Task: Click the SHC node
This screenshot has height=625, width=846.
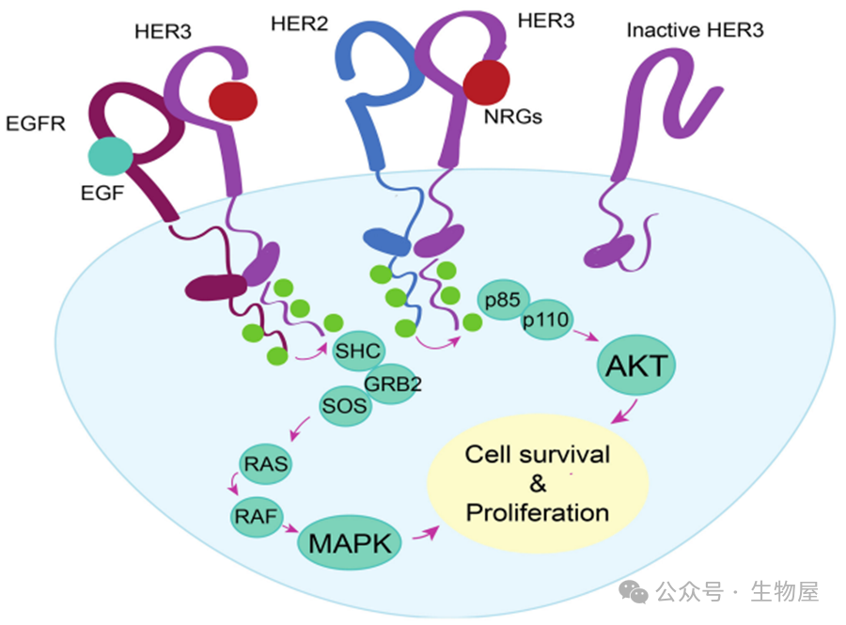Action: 357,352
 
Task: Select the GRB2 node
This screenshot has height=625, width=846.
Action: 392,383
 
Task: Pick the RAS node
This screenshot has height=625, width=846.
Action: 267,462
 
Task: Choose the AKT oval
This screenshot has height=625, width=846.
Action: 634,367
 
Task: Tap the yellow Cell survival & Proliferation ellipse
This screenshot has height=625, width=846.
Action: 538,485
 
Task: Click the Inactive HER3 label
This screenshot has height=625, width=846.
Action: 695,30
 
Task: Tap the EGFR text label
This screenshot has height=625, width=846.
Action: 36,123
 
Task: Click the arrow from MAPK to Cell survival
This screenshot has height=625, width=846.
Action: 427,533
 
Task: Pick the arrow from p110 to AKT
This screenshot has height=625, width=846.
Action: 587,336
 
